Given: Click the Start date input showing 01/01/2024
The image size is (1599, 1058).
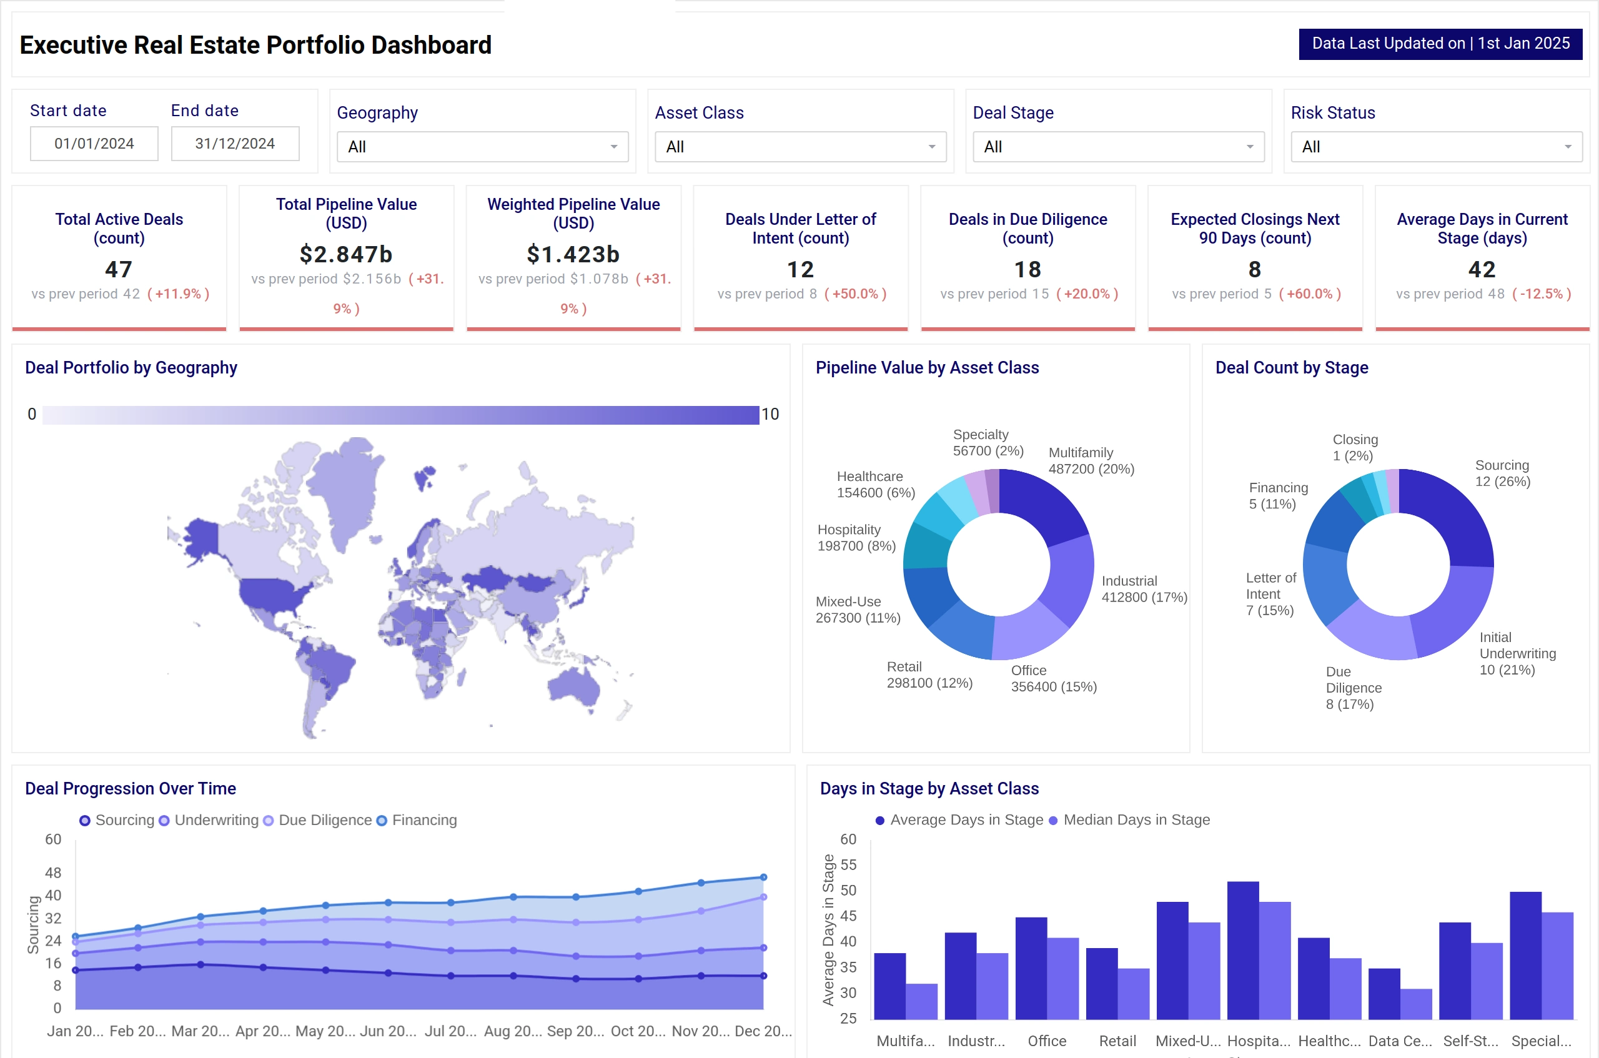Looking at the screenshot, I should coord(94,144).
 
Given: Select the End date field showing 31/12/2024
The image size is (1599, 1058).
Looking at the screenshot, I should coord(235,144).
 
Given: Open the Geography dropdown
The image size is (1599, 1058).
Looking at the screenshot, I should coord(482,147).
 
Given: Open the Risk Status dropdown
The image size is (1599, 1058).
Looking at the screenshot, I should coord(1436,147).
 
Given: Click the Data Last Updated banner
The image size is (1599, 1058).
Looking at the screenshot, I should coord(1440,44).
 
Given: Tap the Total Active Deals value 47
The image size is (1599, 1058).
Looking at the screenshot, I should coord(119,269).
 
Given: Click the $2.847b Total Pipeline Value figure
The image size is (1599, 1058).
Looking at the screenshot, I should coord(346,254).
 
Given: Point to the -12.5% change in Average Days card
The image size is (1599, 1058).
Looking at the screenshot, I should coord(1542,294).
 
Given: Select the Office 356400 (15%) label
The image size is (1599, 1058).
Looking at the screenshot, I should coord(1052,678).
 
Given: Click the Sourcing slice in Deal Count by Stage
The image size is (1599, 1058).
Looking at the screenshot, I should coord(1450,513).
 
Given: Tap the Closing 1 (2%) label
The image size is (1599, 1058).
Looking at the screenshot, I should coord(1355,447).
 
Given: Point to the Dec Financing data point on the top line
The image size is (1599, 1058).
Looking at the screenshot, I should coord(763,877).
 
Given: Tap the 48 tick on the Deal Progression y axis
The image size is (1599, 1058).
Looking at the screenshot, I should coord(53,873).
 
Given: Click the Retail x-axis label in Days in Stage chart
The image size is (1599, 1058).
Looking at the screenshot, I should coord(1117,1041).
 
